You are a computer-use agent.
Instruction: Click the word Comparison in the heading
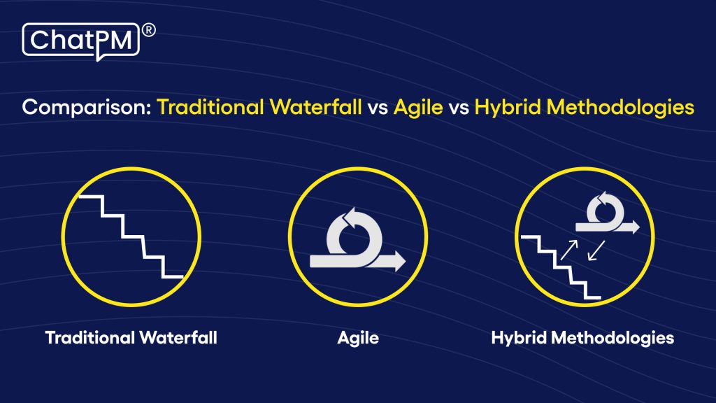click(x=86, y=108)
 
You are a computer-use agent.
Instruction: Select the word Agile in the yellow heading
click(x=415, y=108)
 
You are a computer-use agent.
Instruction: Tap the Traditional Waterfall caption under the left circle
click(x=131, y=338)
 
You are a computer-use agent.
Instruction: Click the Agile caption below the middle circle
click(x=358, y=338)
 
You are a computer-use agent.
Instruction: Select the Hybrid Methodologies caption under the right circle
click(x=582, y=338)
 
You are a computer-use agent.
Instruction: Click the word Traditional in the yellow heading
click(x=207, y=108)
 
